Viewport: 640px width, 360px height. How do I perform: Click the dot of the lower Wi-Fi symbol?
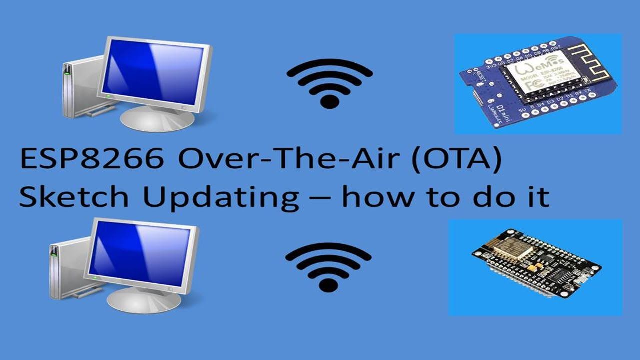point(328,285)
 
